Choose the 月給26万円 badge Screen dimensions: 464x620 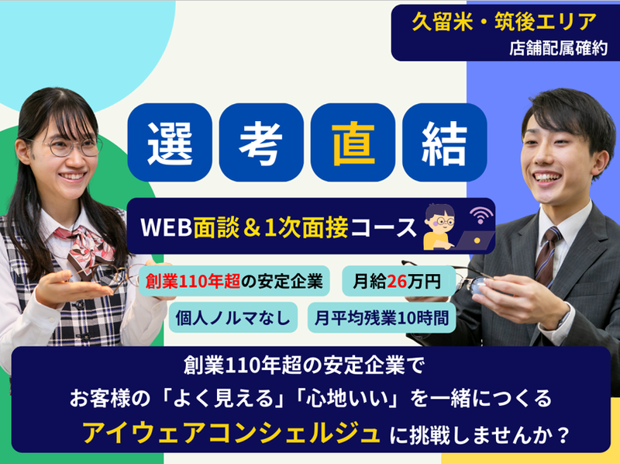[397, 281]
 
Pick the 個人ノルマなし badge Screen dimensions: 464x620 [232, 317]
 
